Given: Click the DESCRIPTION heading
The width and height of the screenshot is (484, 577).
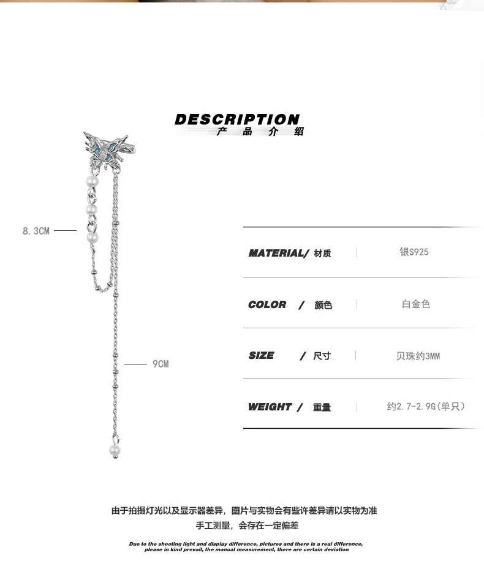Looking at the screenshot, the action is click(237, 119).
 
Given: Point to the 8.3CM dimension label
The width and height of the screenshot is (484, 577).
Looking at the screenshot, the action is click(36, 231).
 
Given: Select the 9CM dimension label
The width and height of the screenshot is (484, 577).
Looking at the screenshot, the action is click(161, 364).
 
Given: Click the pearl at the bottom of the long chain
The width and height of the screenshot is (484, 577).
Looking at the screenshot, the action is click(115, 450).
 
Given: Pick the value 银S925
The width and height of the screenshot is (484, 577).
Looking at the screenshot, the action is click(415, 252).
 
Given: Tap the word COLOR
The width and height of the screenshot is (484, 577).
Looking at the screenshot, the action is click(267, 304).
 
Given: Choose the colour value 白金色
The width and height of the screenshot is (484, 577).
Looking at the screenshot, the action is click(416, 304).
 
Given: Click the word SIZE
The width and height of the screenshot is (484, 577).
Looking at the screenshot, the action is click(262, 355).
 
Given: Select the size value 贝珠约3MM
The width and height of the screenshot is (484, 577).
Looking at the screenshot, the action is click(418, 356).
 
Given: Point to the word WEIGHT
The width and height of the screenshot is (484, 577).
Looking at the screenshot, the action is click(270, 407).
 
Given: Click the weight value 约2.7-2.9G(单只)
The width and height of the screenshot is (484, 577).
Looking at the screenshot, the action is click(426, 406).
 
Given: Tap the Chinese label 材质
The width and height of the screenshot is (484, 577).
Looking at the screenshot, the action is click(322, 254).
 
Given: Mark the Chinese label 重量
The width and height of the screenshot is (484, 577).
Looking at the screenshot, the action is click(322, 407).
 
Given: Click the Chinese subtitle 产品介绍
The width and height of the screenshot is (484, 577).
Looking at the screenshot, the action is click(260, 132).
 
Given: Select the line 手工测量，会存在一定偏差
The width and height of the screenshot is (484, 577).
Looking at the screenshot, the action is click(247, 526).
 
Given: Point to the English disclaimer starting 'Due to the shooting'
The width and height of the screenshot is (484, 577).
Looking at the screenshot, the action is click(246, 546).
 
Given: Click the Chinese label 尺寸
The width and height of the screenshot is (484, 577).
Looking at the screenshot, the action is click(322, 356).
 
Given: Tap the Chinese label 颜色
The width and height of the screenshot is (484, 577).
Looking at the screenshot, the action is click(323, 305).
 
